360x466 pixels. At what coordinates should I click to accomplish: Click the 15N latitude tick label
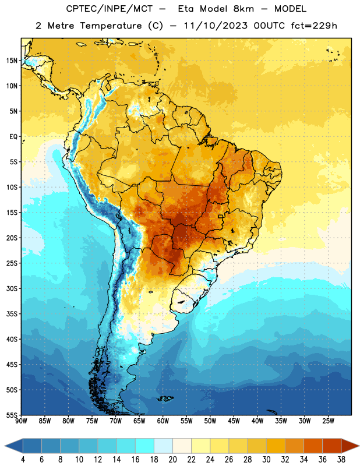[x=12, y=61]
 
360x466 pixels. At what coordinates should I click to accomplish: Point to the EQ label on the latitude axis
[x=13, y=137]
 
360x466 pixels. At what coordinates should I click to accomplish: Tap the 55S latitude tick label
[x=12, y=415]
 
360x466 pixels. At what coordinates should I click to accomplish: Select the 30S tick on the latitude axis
[x=12, y=288]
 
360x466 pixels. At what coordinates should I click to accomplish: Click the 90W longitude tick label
[x=21, y=421]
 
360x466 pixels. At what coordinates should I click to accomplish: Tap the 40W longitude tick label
[x=257, y=421]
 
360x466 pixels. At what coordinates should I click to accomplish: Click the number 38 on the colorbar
[x=341, y=460]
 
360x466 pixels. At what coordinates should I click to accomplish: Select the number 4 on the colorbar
[x=23, y=460]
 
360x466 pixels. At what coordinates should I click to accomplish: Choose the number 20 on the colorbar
[x=172, y=460]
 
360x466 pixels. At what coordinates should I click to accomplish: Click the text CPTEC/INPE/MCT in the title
[x=110, y=9]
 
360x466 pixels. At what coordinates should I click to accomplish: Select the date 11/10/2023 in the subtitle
[x=216, y=26]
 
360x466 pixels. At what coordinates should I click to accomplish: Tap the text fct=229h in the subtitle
[x=314, y=26]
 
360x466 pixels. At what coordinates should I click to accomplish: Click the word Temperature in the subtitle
[x=111, y=26]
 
